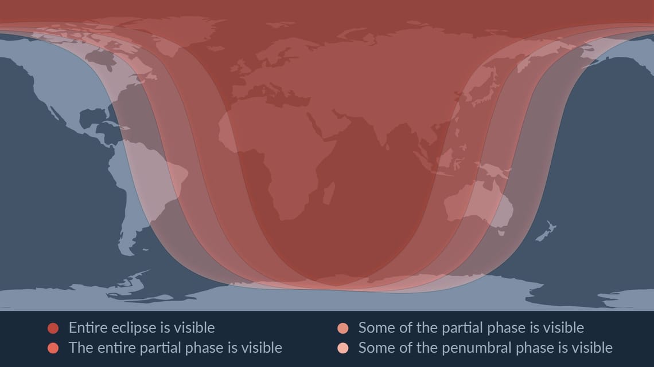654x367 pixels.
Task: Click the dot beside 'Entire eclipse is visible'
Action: click(53, 328)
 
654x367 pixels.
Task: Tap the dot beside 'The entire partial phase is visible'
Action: click(53, 348)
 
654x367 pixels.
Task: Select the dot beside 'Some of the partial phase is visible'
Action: click(343, 328)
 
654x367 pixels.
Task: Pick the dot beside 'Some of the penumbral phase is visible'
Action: click(343, 348)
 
